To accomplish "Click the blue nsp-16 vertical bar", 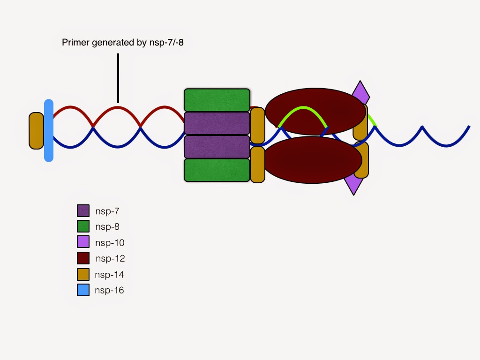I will point(49,130).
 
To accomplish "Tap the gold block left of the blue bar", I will point(36,131).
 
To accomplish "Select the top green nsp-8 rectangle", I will point(217,100).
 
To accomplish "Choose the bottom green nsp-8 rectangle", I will point(217,170).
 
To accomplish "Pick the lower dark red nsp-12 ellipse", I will point(312,162).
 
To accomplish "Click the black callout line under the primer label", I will point(118,78).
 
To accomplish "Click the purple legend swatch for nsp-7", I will point(83,210).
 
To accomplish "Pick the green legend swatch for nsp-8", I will point(83,226).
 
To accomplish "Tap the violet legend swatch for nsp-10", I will point(83,242).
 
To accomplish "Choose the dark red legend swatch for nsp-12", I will point(83,258).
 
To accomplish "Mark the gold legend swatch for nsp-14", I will point(83,274).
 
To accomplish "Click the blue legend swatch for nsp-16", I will point(83,290).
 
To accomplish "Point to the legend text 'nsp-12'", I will point(110,258).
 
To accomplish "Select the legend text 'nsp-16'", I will point(109,290).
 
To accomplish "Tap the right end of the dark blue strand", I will point(468,127).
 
